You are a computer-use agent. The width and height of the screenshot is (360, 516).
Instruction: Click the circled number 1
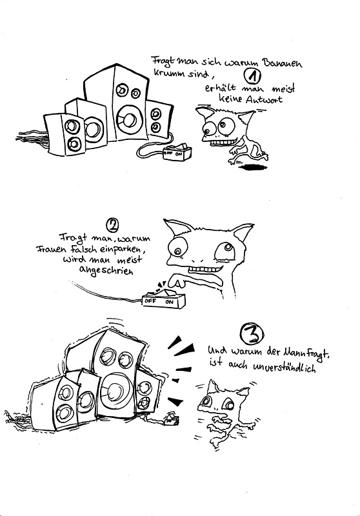(x=252, y=76)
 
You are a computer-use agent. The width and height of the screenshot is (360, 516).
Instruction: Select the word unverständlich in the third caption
(x=285, y=367)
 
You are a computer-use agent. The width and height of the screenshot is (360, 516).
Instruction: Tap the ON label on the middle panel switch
(x=169, y=301)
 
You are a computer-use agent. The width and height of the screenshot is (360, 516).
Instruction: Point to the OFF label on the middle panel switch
(x=150, y=301)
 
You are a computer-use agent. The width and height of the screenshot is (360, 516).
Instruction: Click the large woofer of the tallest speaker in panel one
(x=127, y=120)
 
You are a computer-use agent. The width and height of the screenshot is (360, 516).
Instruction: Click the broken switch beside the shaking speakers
(x=171, y=419)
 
